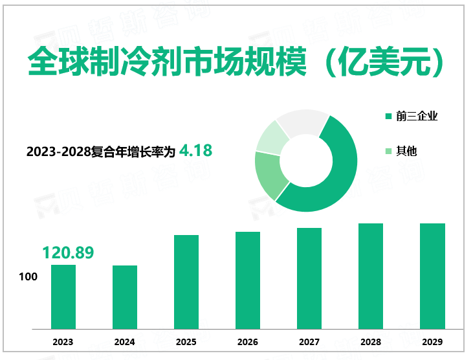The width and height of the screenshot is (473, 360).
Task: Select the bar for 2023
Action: (63, 297)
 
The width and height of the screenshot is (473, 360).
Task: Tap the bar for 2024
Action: (125, 297)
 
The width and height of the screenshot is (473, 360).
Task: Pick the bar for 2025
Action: (186, 282)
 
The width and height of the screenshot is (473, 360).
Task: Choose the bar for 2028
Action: (371, 276)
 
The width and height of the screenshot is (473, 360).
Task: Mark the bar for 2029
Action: (432, 276)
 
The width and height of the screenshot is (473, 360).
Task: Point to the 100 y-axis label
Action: (28, 277)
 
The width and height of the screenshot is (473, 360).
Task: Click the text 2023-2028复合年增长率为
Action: (101, 152)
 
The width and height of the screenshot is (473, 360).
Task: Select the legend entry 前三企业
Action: (417, 117)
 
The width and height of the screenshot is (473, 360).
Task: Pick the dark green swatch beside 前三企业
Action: (388, 117)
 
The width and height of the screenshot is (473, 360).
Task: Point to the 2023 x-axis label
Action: (63, 342)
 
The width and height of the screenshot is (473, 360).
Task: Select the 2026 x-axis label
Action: (248, 342)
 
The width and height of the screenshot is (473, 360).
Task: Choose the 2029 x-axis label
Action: (432, 342)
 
